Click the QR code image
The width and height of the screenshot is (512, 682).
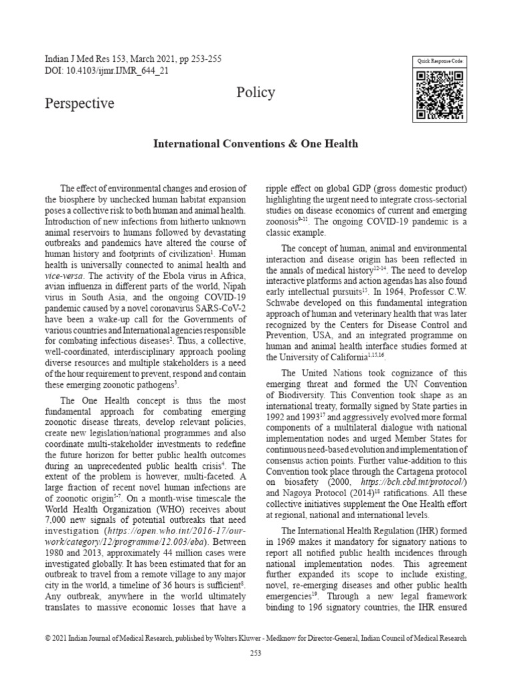[440, 95]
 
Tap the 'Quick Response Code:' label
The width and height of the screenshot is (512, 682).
[440, 61]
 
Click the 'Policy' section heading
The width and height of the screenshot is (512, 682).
[255, 93]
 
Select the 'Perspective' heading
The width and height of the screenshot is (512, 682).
[79, 103]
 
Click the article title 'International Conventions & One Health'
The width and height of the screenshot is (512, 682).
[256, 143]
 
